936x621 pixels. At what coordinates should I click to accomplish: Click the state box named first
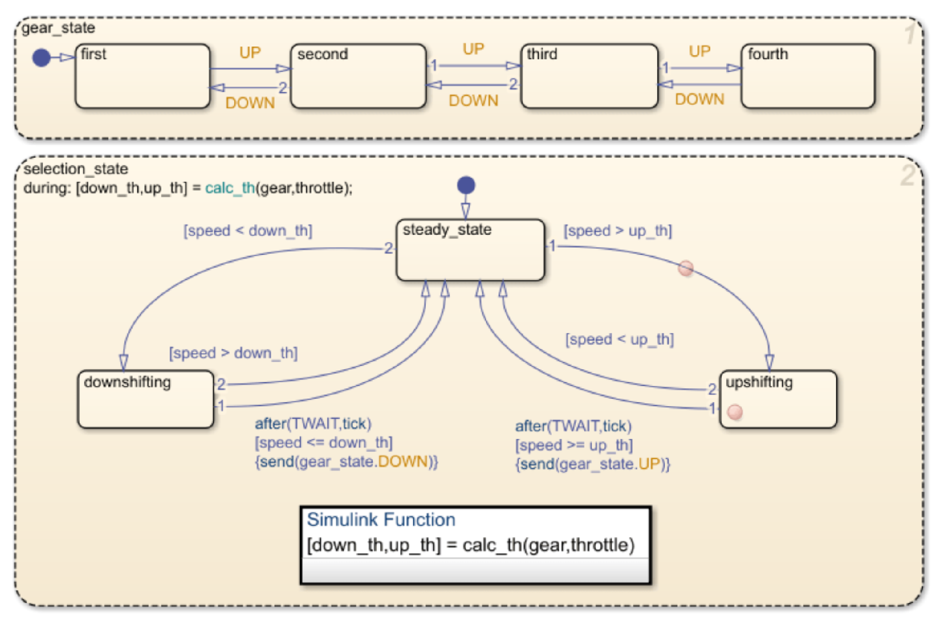pos(142,76)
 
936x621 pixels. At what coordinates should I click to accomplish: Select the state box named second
pos(358,76)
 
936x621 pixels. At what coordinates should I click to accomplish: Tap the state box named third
pos(590,76)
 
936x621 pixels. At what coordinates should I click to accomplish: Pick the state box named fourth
pos(808,76)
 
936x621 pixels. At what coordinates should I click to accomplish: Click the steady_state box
pos(470,250)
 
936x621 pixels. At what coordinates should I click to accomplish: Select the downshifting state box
pos(146,399)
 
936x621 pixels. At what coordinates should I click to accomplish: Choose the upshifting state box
pos(778,399)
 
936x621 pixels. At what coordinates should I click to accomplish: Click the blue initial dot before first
pos(41,58)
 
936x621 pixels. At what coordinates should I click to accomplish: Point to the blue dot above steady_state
pos(466,185)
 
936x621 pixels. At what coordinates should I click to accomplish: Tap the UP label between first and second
pos(250,52)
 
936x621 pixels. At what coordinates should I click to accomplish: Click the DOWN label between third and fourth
pos(700,99)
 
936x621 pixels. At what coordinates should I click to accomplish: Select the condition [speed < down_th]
pos(248,231)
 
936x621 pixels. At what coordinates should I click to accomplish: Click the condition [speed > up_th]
pos(618,231)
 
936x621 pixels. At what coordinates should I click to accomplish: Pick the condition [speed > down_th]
pos(233,353)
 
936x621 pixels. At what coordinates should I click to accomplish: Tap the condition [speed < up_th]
pos(620,339)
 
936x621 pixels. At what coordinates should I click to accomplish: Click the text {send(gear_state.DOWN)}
pos(346,462)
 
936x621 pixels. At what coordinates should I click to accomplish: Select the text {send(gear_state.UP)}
pos(593,464)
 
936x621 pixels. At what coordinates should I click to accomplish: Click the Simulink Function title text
pos(381,520)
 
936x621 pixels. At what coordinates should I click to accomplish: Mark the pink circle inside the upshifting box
pos(735,412)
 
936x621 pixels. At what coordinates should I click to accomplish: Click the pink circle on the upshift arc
pos(686,268)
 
